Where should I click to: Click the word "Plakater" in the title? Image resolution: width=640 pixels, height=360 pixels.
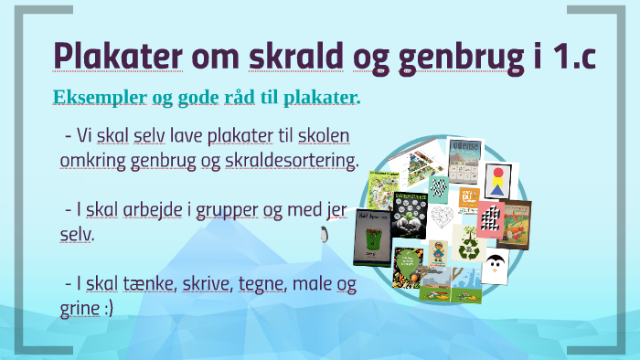coord(118,56)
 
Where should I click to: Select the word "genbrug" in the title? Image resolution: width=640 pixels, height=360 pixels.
coord(461,58)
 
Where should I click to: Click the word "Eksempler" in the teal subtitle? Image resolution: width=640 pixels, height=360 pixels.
coord(100,97)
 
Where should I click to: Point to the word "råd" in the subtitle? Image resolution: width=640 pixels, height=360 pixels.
coord(240,97)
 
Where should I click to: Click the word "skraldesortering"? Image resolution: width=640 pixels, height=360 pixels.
coord(291,160)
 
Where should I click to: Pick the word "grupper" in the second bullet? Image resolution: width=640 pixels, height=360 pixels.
coord(227,211)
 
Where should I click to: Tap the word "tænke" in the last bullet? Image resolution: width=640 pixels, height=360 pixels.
coord(148,283)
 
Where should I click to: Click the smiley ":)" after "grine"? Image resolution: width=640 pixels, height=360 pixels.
coord(109,308)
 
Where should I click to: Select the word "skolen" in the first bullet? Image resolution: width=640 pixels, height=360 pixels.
coord(324,135)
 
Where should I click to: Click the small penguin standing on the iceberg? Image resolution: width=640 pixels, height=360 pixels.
coord(324,234)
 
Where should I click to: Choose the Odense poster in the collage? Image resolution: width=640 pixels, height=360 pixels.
coord(464,161)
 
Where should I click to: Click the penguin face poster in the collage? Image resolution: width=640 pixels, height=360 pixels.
coord(496,266)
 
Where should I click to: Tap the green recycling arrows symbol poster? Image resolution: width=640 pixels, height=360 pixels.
coord(469,244)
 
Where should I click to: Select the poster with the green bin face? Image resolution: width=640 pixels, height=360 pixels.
coord(372,238)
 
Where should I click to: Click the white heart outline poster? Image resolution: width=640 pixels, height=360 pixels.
coord(442,217)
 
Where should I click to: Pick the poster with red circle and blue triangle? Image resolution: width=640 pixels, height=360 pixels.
coord(498,181)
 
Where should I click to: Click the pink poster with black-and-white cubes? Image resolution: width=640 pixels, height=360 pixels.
coord(490,220)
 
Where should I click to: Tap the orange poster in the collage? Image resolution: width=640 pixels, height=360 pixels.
coord(468,198)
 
